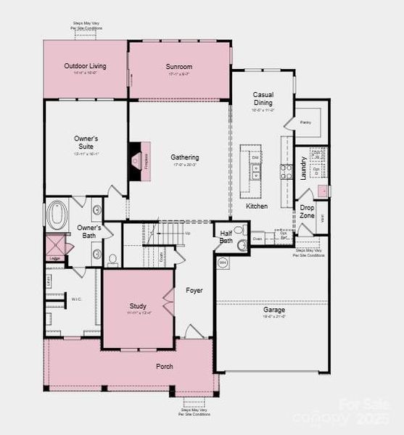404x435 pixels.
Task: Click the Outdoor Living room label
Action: (x=85, y=66)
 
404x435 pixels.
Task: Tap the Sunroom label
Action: (x=178, y=67)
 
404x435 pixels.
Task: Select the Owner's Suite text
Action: (x=86, y=142)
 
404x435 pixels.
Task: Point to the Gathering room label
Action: (x=185, y=157)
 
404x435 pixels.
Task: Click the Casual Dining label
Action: (x=263, y=99)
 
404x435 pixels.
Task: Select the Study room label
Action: (x=138, y=306)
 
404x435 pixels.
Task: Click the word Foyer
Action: (x=194, y=290)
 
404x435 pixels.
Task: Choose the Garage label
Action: (x=273, y=310)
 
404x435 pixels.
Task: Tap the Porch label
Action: (x=165, y=366)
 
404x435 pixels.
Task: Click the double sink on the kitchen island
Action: (x=255, y=172)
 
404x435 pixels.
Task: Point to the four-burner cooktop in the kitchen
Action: (x=286, y=172)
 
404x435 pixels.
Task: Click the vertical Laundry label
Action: (x=303, y=167)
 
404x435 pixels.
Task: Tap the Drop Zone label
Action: (x=307, y=211)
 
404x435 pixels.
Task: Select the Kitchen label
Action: (x=256, y=206)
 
